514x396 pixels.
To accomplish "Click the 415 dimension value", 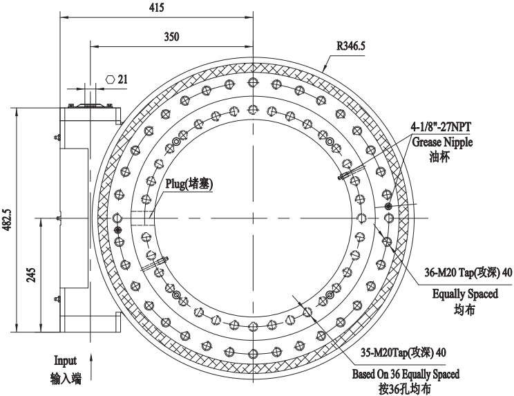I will click(158, 8).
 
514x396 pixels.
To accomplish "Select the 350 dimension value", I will click(173, 36).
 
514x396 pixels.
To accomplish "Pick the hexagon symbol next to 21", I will click(110, 79).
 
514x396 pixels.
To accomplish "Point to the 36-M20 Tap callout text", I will click(468, 273).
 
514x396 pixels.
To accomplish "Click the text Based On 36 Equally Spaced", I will click(405, 374).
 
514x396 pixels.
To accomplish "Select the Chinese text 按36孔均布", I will click(405, 388).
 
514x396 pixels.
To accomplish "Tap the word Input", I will click(66, 360).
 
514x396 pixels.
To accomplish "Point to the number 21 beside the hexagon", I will click(123, 79).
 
